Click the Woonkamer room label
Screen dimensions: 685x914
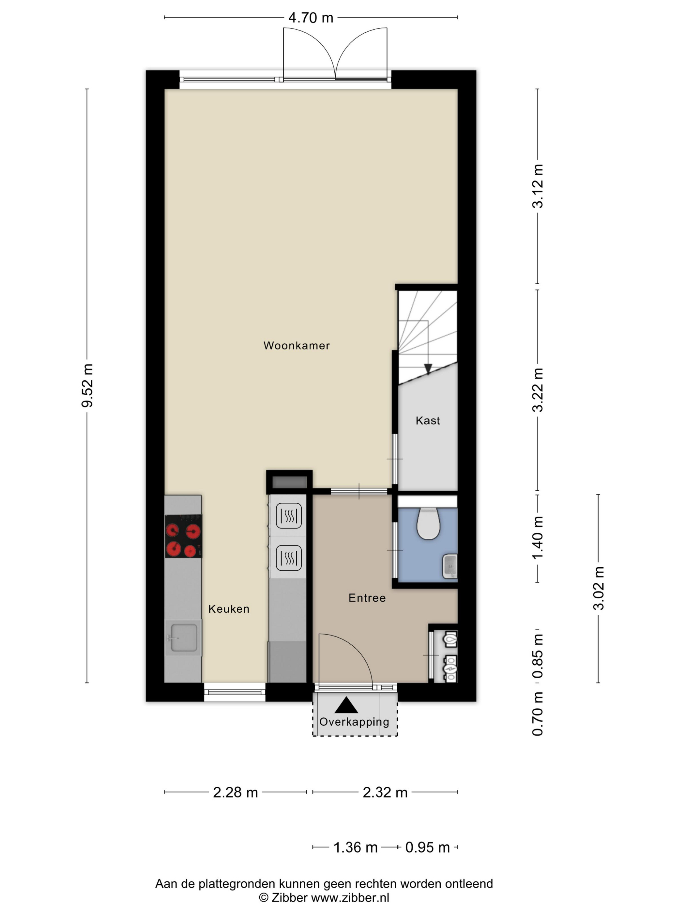point(297,345)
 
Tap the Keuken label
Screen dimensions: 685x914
point(229,609)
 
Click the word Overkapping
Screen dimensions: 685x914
point(354,721)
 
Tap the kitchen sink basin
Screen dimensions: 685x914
point(184,637)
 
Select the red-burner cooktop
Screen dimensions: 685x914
point(183,536)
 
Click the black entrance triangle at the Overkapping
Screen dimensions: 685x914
point(346,705)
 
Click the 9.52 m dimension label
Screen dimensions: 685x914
point(87,386)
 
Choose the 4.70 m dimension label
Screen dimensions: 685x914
point(311,18)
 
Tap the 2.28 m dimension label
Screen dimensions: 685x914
point(236,792)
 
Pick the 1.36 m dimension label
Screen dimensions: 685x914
point(356,847)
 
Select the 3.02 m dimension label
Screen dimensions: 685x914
point(598,589)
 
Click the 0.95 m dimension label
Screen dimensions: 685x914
point(427,847)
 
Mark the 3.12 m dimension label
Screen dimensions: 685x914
point(538,186)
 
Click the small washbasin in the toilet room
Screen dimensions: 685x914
point(449,566)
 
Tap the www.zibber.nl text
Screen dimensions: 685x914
point(350,897)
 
